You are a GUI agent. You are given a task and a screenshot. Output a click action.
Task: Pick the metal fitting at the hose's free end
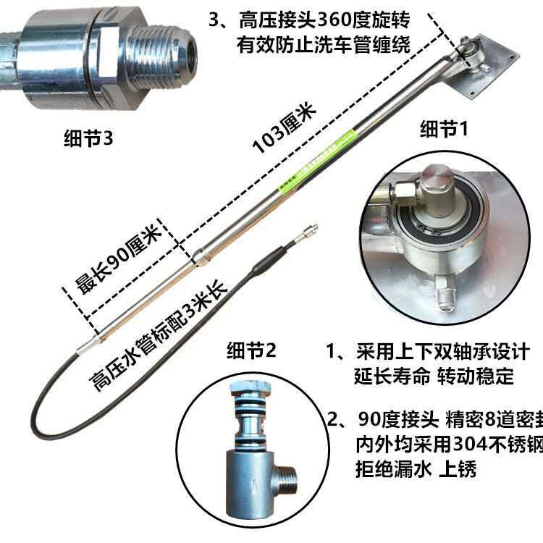tap(307, 233)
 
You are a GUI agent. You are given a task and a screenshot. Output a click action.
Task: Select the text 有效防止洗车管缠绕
tap(323, 44)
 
